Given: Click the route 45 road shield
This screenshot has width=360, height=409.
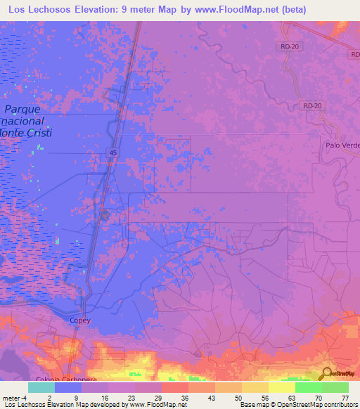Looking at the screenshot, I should tap(112, 152).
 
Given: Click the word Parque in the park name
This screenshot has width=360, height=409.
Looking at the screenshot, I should tap(22, 109).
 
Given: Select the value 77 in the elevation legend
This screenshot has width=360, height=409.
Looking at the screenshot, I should tap(345, 397).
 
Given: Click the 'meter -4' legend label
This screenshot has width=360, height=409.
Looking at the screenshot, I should tap(13, 397).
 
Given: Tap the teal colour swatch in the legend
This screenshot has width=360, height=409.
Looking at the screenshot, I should tap(41, 387).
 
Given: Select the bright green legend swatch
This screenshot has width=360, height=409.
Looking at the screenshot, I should tap(309, 387).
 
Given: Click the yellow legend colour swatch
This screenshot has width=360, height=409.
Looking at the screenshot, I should tap(282, 387).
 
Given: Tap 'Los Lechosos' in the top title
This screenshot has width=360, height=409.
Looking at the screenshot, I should tap(41, 9).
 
